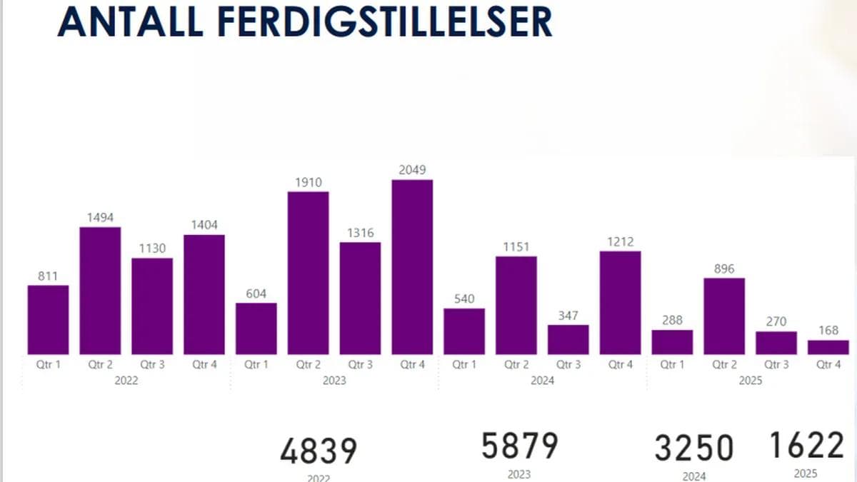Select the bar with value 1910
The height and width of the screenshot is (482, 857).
tap(308, 273)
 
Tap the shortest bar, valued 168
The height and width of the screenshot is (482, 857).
tap(828, 347)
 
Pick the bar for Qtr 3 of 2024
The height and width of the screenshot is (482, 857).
tap(568, 340)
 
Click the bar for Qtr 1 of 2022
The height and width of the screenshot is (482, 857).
tap(48, 319)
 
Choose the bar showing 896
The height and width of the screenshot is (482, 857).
tap(724, 316)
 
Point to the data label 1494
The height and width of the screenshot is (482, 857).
tap(100, 218)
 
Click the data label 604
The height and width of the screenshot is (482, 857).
tap(256, 293)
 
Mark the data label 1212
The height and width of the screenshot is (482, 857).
tap(620, 242)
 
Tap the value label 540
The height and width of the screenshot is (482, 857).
tap(464, 299)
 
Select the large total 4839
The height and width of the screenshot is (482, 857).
tap(319, 452)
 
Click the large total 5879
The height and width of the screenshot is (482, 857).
tap(519, 446)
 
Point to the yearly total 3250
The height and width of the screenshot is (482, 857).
tap(694, 448)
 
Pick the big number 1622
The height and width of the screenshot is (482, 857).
tap(806, 446)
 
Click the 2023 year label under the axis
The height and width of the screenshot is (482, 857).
tap(334, 381)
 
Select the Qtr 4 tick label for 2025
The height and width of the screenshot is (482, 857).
tap(828, 364)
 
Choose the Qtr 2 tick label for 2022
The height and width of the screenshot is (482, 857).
tap(100, 364)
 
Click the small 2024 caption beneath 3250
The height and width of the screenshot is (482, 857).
tap(694, 476)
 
